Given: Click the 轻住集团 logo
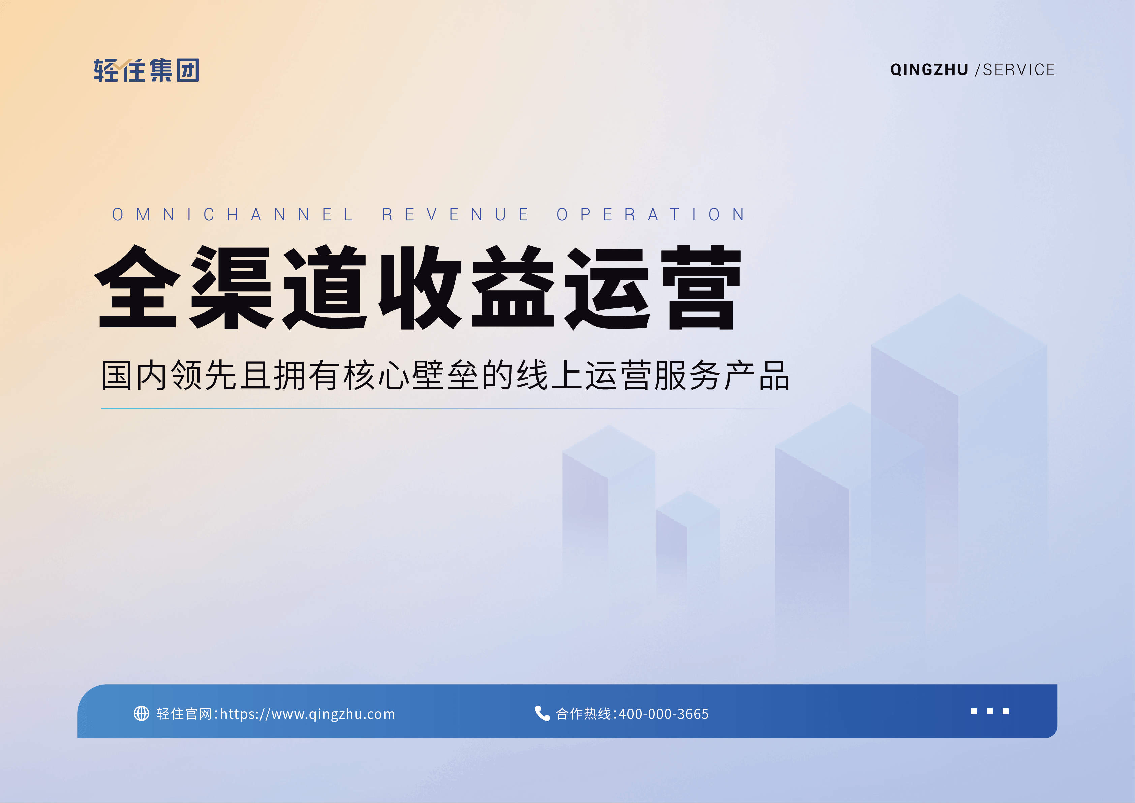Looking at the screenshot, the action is coord(146,70).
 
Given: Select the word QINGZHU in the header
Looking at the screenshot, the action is coord(929,70).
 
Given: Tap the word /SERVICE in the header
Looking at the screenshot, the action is coord(1015,70).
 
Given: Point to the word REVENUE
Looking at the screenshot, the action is coord(455,215).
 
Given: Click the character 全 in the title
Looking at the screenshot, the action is coord(137,287).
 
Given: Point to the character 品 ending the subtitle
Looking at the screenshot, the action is coord(774,375).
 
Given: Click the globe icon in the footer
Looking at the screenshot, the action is coord(142,714).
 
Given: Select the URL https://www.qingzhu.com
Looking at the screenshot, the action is coord(307,714).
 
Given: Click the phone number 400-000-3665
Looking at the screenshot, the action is coord(664,714).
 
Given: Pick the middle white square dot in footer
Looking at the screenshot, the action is coord(990,711).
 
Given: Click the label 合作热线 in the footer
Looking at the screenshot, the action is coord(583,714).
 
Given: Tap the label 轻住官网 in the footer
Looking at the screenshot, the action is coord(184,714).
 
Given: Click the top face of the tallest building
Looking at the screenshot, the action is coord(959,345).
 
